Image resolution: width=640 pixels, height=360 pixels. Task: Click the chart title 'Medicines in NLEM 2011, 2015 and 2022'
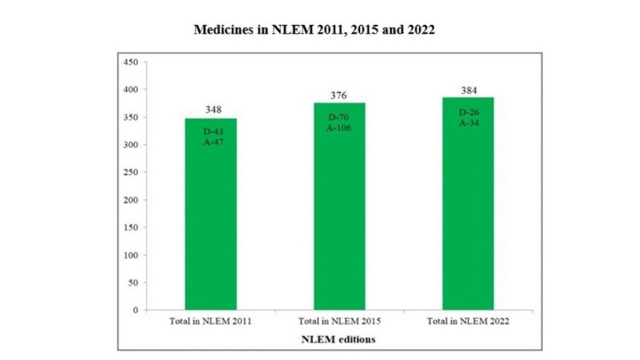[x=314, y=30]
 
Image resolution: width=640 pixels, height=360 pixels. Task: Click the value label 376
[x=339, y=96]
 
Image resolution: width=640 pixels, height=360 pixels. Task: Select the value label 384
[x=468, y=91]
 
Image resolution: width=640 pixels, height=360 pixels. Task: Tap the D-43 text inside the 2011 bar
[x=211, y=132]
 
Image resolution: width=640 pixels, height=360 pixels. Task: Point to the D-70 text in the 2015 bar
[x=339, y=117]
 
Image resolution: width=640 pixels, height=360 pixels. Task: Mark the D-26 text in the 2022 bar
[x=468, y=112]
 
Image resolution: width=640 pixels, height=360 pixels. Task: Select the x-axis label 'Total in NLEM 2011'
[x=211, y=322]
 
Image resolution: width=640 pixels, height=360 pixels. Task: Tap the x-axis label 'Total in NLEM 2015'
[x=339, y=322]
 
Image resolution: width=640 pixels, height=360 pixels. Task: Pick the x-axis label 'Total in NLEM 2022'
[x=468, y=322]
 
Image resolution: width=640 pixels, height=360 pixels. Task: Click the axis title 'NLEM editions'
[x=338, y=339]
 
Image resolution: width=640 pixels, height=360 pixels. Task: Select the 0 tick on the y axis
[x=135, y=310]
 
